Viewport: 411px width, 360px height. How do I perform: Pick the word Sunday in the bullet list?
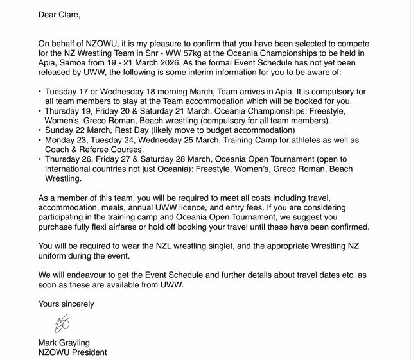[x=60, y=130]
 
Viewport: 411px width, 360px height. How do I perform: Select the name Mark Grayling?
[x=64, y=342]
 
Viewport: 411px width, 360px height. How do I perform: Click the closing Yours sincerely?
[x=66, y=304]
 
